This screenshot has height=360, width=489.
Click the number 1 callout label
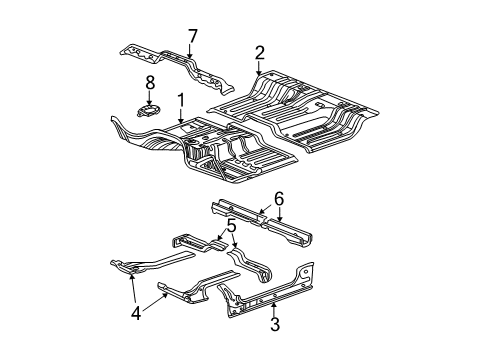click(x=181, y=100)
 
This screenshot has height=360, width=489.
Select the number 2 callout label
click(x=259, y=53)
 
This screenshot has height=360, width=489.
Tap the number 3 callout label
click(x=275, y=324)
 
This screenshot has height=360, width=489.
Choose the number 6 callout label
click(x=279, y=199)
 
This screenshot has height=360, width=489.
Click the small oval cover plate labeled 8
click(x=148, y=110)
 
